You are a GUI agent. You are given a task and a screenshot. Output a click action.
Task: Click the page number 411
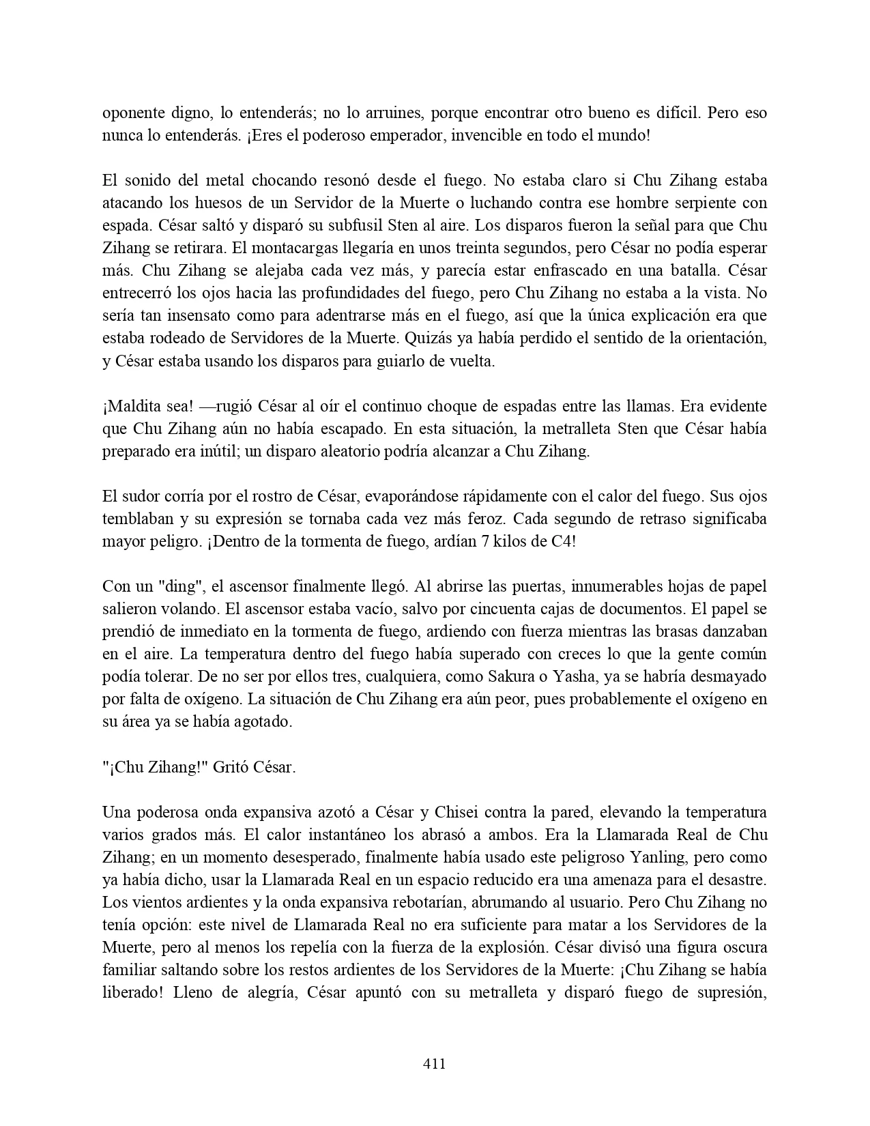(x=435, y=1063)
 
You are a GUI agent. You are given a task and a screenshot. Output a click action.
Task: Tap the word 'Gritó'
(x=230, y=766)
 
